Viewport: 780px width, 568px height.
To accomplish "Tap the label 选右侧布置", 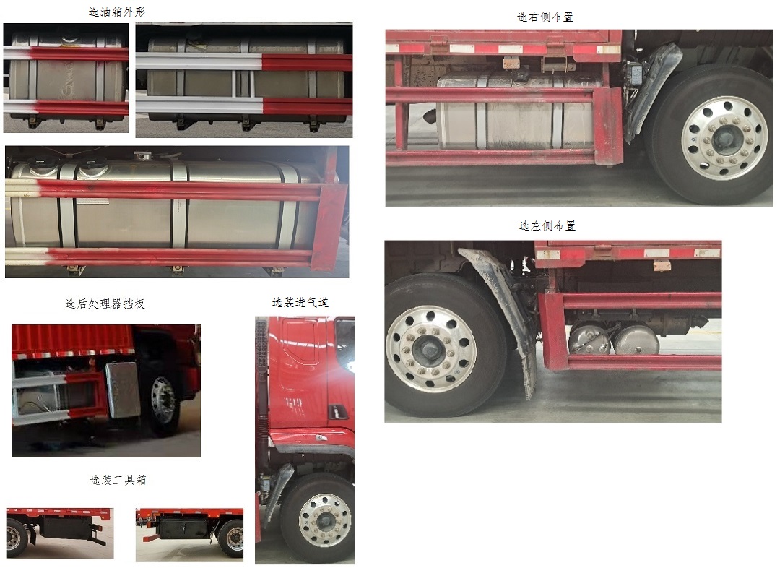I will pyautogui.click(x=545, y=17).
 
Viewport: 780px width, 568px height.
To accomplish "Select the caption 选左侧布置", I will pyautogui.click(x=547, y=226).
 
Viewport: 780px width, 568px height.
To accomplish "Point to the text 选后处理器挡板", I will pyautogui.click(x=105, y=304).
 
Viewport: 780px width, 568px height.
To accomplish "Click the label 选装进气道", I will pyautogui.click(x=300, y=303).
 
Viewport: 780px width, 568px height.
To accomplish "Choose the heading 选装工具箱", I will pyautogui.click(x=118, y=480).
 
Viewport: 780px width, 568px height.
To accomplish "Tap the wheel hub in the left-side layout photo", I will pyautogui.click(x=430, y=349).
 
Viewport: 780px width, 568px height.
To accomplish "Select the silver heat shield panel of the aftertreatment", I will pyautogui.click(x=122, y=390).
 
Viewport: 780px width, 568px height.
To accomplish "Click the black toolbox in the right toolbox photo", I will pyautogui.click(x=185, y=528).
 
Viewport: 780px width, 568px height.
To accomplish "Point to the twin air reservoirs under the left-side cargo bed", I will pyautogui.click(x=614, y=339).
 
